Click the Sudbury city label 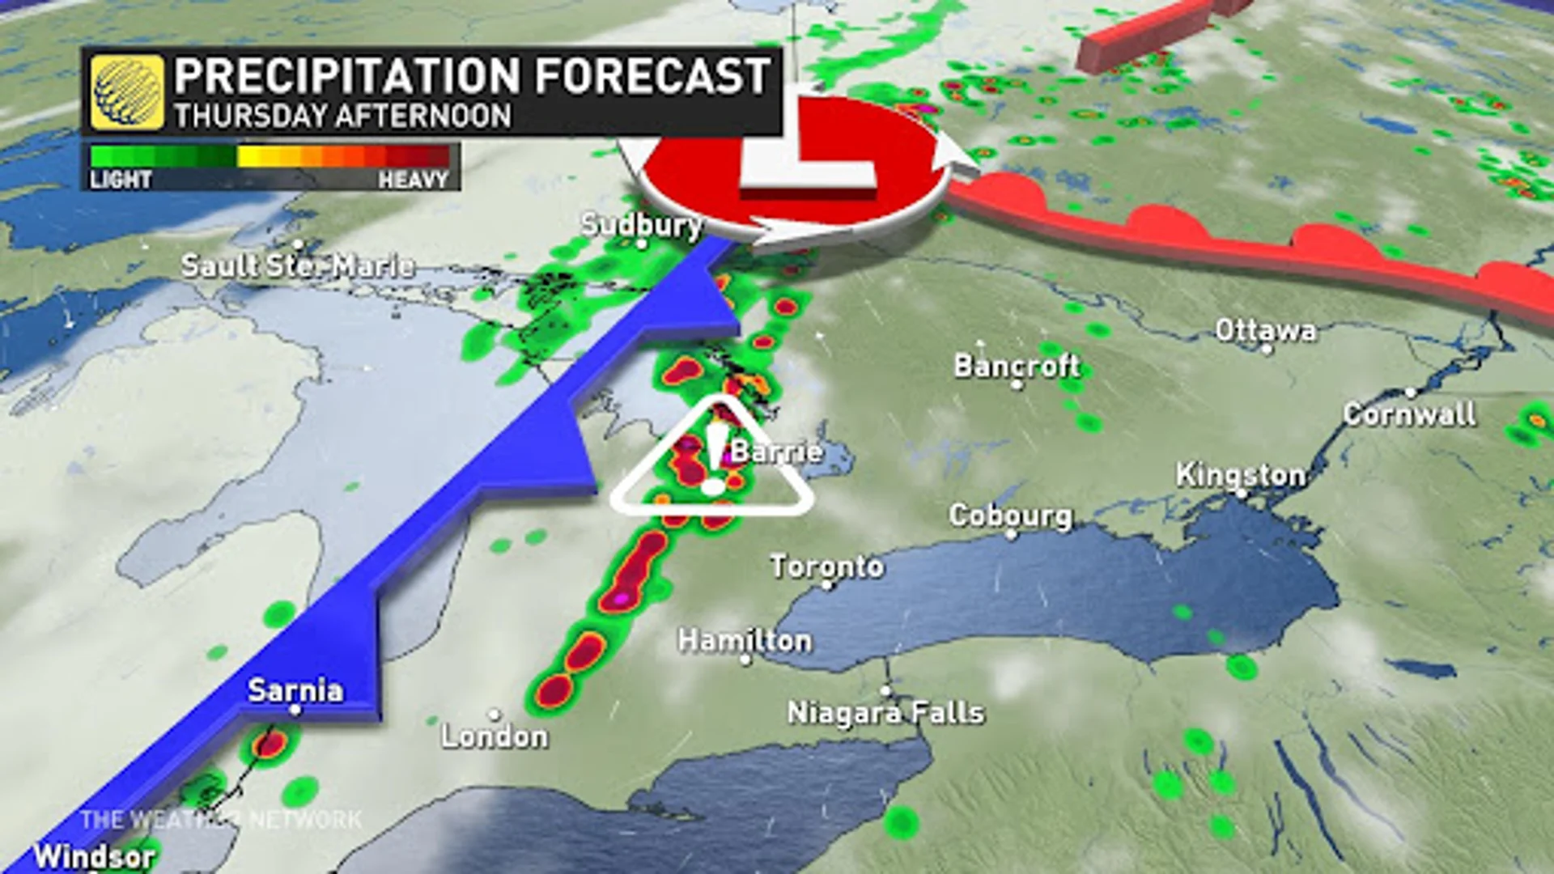(x=641, y=224)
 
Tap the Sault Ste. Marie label (x=298, y=265)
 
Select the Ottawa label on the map (x=1265, y=330)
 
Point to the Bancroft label (x=1017, y=366)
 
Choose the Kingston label (x=1240, y=475)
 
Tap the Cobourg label (x=1010, y=515)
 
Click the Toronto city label (x=826, y=566)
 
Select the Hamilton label (x=745, y=641)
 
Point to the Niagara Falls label (x=885, y=713)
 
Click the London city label (x=495, y=736)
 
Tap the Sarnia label (x=295, y=690)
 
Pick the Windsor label (x=94, y=855)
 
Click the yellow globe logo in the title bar (x=127, y=92)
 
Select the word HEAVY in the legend (x=413, y=179)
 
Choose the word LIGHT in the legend (x=121, y=179)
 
